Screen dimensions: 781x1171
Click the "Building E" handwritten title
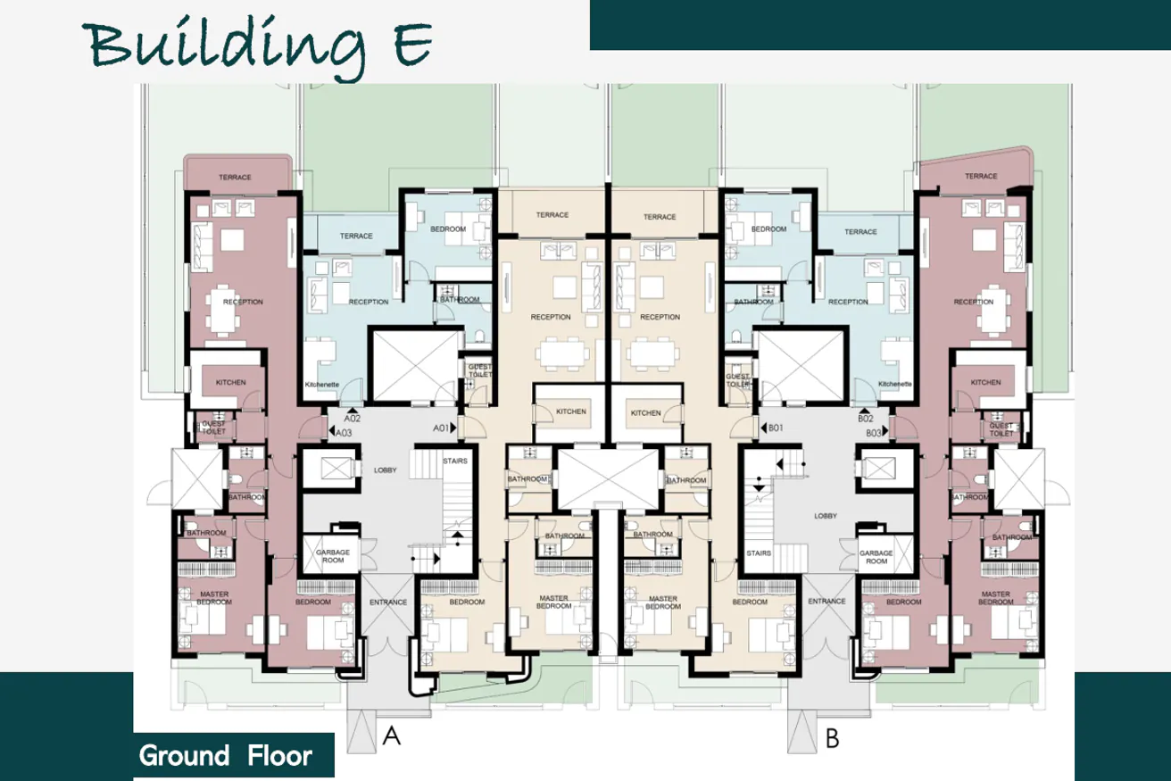click(x=259, y=42)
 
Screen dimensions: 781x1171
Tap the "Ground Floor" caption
click(x=226, y=756)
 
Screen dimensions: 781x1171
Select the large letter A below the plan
click(x=390, y=736)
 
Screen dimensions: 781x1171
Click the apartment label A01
click(x=440, y=428)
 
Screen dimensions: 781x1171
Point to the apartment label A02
click(x=352, y=418)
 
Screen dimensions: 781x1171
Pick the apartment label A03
click(x=344, y=432)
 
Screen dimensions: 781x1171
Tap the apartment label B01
click(x=776, y=428)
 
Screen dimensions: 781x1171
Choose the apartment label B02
click(x=864, y=418)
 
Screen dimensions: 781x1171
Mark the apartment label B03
click(x=874, y=432)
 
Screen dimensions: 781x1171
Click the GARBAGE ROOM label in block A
click(x=332, y=557)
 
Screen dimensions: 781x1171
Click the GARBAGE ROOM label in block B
click(x=876, y=557)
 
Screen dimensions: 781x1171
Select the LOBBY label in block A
click(x=385, y=469)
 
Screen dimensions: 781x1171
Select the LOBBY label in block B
click(x=826, y=516)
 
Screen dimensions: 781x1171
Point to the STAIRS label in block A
click(x=455, y=460)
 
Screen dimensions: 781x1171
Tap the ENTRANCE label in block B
click(x=826, y=602)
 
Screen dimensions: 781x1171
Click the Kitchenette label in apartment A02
click(x=321, y=384)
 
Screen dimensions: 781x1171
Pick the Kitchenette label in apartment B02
click(x=894, y=384)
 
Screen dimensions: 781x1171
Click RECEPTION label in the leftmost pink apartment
click(x=243, y=302)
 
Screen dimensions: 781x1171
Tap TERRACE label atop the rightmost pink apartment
click(x=981, y=177)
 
